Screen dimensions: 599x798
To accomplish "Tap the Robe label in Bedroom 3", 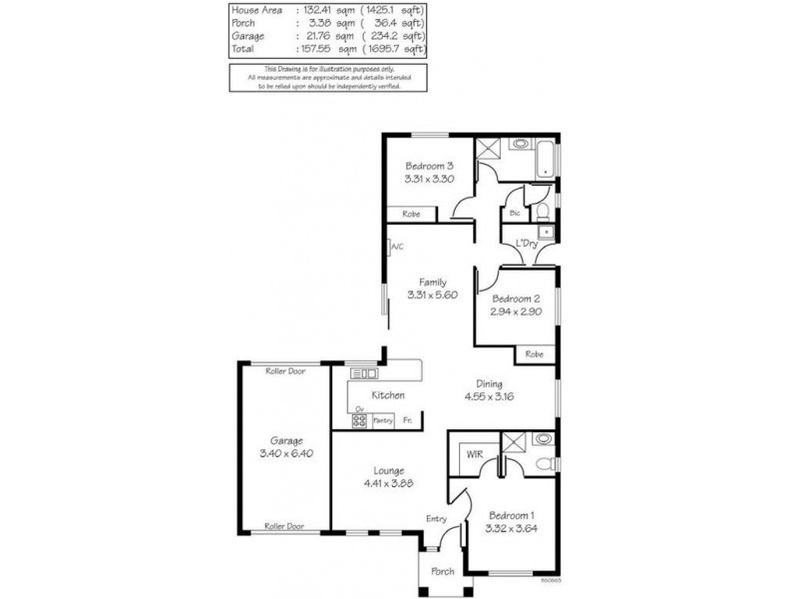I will [410, 215].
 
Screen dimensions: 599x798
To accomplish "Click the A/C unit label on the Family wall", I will [396, 247].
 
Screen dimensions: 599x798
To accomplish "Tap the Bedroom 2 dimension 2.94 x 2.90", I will [515, 312].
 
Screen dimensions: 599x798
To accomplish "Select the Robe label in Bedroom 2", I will [535, 353].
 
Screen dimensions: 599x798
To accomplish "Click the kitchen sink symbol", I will [364, 374].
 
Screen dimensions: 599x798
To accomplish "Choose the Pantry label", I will [383, 421].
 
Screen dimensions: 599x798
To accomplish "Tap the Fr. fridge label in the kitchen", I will [408, 421].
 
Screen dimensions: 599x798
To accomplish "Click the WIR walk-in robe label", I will [474, 455].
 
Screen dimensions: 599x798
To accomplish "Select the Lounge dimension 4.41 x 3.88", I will [389, 482].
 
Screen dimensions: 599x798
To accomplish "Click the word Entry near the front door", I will [437, 518].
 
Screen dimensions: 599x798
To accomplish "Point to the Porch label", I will [442, 572].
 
